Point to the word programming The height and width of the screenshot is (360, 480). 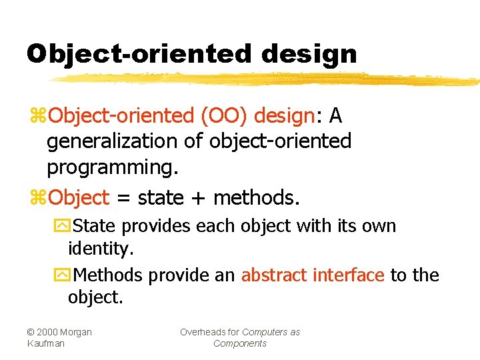(112, 167)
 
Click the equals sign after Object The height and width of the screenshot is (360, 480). (121, 198)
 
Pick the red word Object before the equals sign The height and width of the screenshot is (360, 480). (79, 198)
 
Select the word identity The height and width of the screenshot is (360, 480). (101, 249)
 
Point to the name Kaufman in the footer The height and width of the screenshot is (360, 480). (46, 343)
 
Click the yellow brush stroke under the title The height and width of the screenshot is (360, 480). (267, 79)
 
